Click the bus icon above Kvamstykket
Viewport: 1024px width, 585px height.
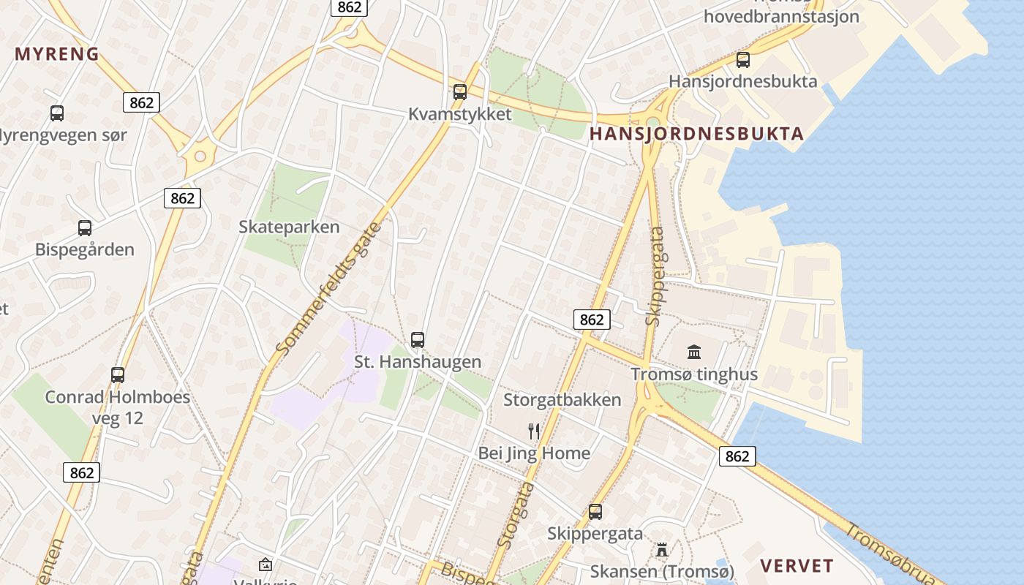[459, 92]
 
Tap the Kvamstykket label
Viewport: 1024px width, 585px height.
[459, 115]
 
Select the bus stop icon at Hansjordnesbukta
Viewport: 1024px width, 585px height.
[743, 60]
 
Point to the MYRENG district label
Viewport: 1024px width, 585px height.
[57, 54]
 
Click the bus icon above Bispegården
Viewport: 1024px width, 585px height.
[85, 228]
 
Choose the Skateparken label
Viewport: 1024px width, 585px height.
[289, 227]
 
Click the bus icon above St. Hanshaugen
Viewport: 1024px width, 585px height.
[418, 340]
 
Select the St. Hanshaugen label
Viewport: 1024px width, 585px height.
[418, 362]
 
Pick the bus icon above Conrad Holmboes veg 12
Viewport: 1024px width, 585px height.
[118, 375]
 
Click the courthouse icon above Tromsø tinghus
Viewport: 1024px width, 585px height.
[694, 352]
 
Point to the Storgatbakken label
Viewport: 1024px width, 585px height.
[562, 400]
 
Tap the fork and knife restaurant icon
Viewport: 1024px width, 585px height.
[534, 431]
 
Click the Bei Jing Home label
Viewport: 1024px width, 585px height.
[534, 453]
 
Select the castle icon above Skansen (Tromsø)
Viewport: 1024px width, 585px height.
[662, 549]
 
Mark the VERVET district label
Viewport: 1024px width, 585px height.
[797, 566]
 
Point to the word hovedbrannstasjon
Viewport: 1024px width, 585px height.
[781, 16]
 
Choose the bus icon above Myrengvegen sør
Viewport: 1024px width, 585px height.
[57, 113]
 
